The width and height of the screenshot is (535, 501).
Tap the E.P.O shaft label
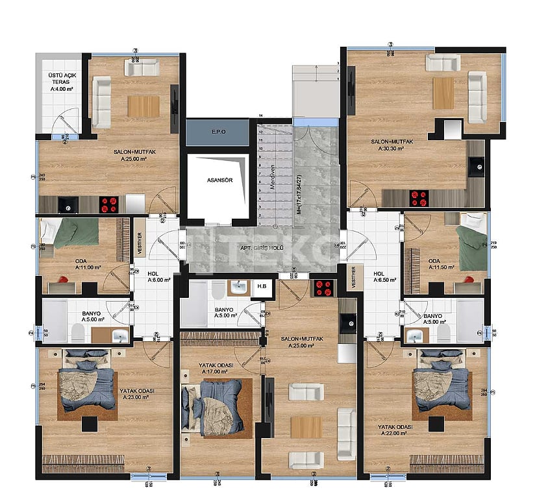click(x=218, y=132)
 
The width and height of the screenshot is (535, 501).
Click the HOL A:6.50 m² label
click(x=380, y=277)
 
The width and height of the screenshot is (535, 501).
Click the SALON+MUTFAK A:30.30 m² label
click(x=388, y=145)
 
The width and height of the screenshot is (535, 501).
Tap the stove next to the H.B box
click(x=323, y=287)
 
